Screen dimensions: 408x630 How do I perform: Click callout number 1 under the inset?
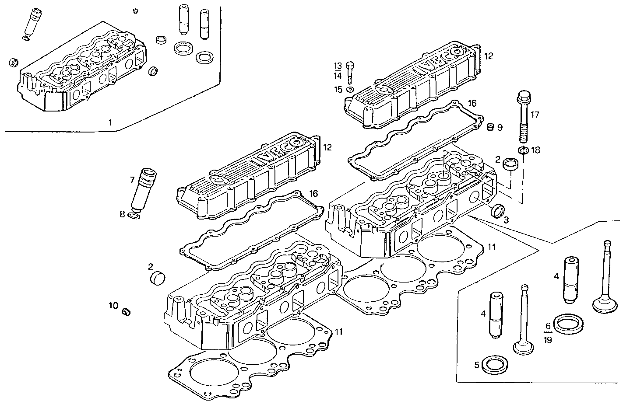[x=111, y=123]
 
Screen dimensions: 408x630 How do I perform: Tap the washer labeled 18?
[x=522, y=151]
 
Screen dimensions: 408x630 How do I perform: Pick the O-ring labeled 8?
[x=135, y=215]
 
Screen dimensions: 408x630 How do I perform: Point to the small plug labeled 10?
[x=126, y=311]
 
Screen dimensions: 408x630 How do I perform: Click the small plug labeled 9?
[x=491, y=127]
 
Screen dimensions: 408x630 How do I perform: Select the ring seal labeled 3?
[x=497, y=211]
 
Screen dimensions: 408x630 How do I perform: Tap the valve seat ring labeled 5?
[x=493, y=364]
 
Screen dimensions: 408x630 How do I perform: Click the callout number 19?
[x=548, y=339]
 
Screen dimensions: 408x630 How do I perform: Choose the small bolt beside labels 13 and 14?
[x=350, y=72]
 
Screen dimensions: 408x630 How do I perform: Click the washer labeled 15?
[x=350, y=90]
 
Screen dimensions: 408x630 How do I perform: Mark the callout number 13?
[x=338, y=66]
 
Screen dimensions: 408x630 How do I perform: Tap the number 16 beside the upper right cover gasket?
[x=472, y=103]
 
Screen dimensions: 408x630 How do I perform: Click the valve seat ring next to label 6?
[x=568, y=324]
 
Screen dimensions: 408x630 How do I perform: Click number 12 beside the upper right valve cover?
[x=489, y=56]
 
